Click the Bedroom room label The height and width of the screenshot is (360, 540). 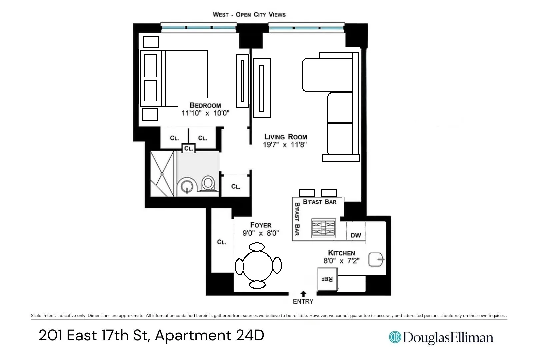coord(205,105)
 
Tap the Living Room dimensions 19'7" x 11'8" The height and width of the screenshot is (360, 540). coord(285,145)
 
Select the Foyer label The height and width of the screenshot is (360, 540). coord(261,225)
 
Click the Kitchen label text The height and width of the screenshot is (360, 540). coord(341,253)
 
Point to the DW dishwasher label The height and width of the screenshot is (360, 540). coord(356,235)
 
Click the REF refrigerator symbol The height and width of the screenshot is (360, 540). coord(327,279)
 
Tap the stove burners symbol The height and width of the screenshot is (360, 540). coord(323,228)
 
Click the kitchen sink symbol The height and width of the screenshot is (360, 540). coord(376,259)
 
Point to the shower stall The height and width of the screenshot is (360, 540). coord(162,174)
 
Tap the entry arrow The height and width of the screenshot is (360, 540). coord(303,294)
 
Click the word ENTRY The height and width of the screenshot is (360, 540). coord(303,302)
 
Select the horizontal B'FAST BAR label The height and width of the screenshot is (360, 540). coord(319,202)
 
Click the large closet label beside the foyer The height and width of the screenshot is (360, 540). coord(221,242)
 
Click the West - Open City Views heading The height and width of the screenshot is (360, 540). coord(249,15)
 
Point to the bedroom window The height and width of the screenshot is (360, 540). coord(199,27)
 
